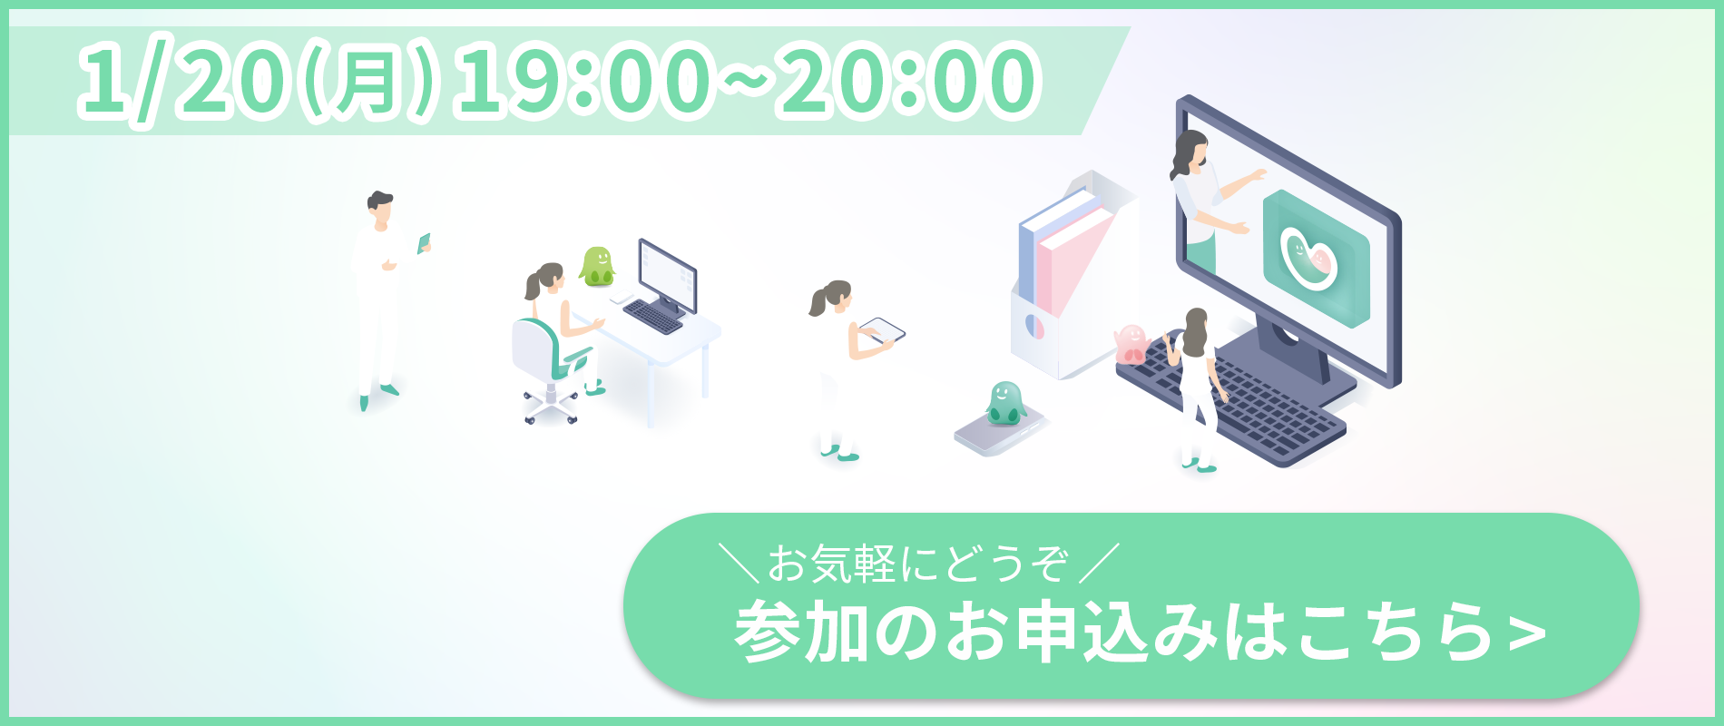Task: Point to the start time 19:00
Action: point(581,83)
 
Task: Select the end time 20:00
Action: point(908,83)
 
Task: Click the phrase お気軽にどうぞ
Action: point(917,564)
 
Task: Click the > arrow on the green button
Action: point(1527,633)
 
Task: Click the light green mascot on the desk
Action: point(598,266)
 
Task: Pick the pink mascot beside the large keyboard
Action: point(1131,343)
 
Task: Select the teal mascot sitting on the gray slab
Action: point(1005,403)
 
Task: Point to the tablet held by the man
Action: point(424,243)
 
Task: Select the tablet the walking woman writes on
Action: point(882,330)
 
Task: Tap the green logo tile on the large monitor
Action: point(1317,259)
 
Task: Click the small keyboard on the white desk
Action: point(652,316)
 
